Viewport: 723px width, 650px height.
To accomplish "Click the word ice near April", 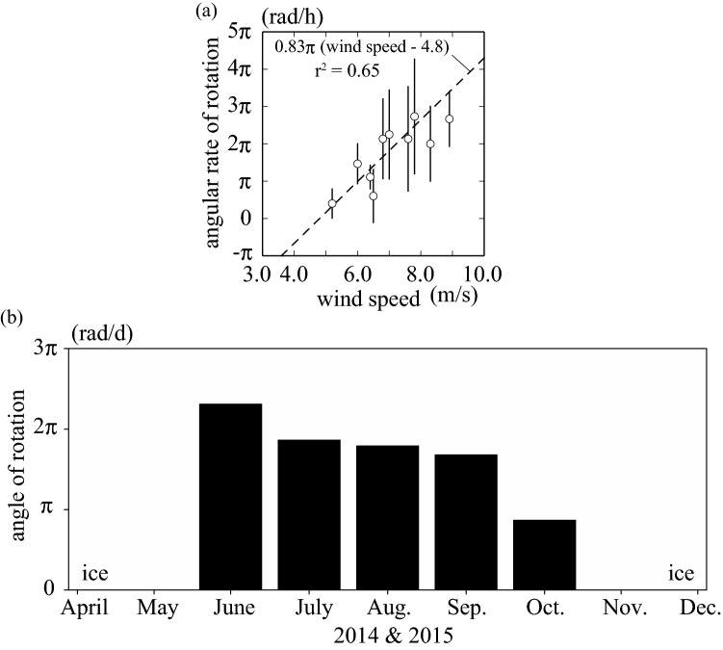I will pos(94,575).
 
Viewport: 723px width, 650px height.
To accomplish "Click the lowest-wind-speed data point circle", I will pos(332,204).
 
